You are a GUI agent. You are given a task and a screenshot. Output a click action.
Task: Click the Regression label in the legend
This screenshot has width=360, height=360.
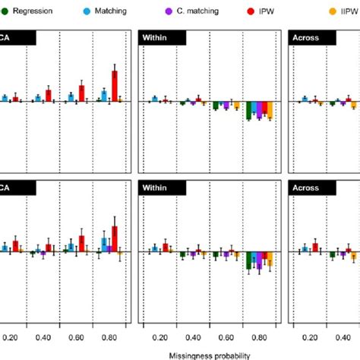31,13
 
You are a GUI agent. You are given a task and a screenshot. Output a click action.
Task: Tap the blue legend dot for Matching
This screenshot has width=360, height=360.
86,13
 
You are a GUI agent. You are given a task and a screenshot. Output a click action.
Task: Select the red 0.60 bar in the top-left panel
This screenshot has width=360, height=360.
81,93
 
